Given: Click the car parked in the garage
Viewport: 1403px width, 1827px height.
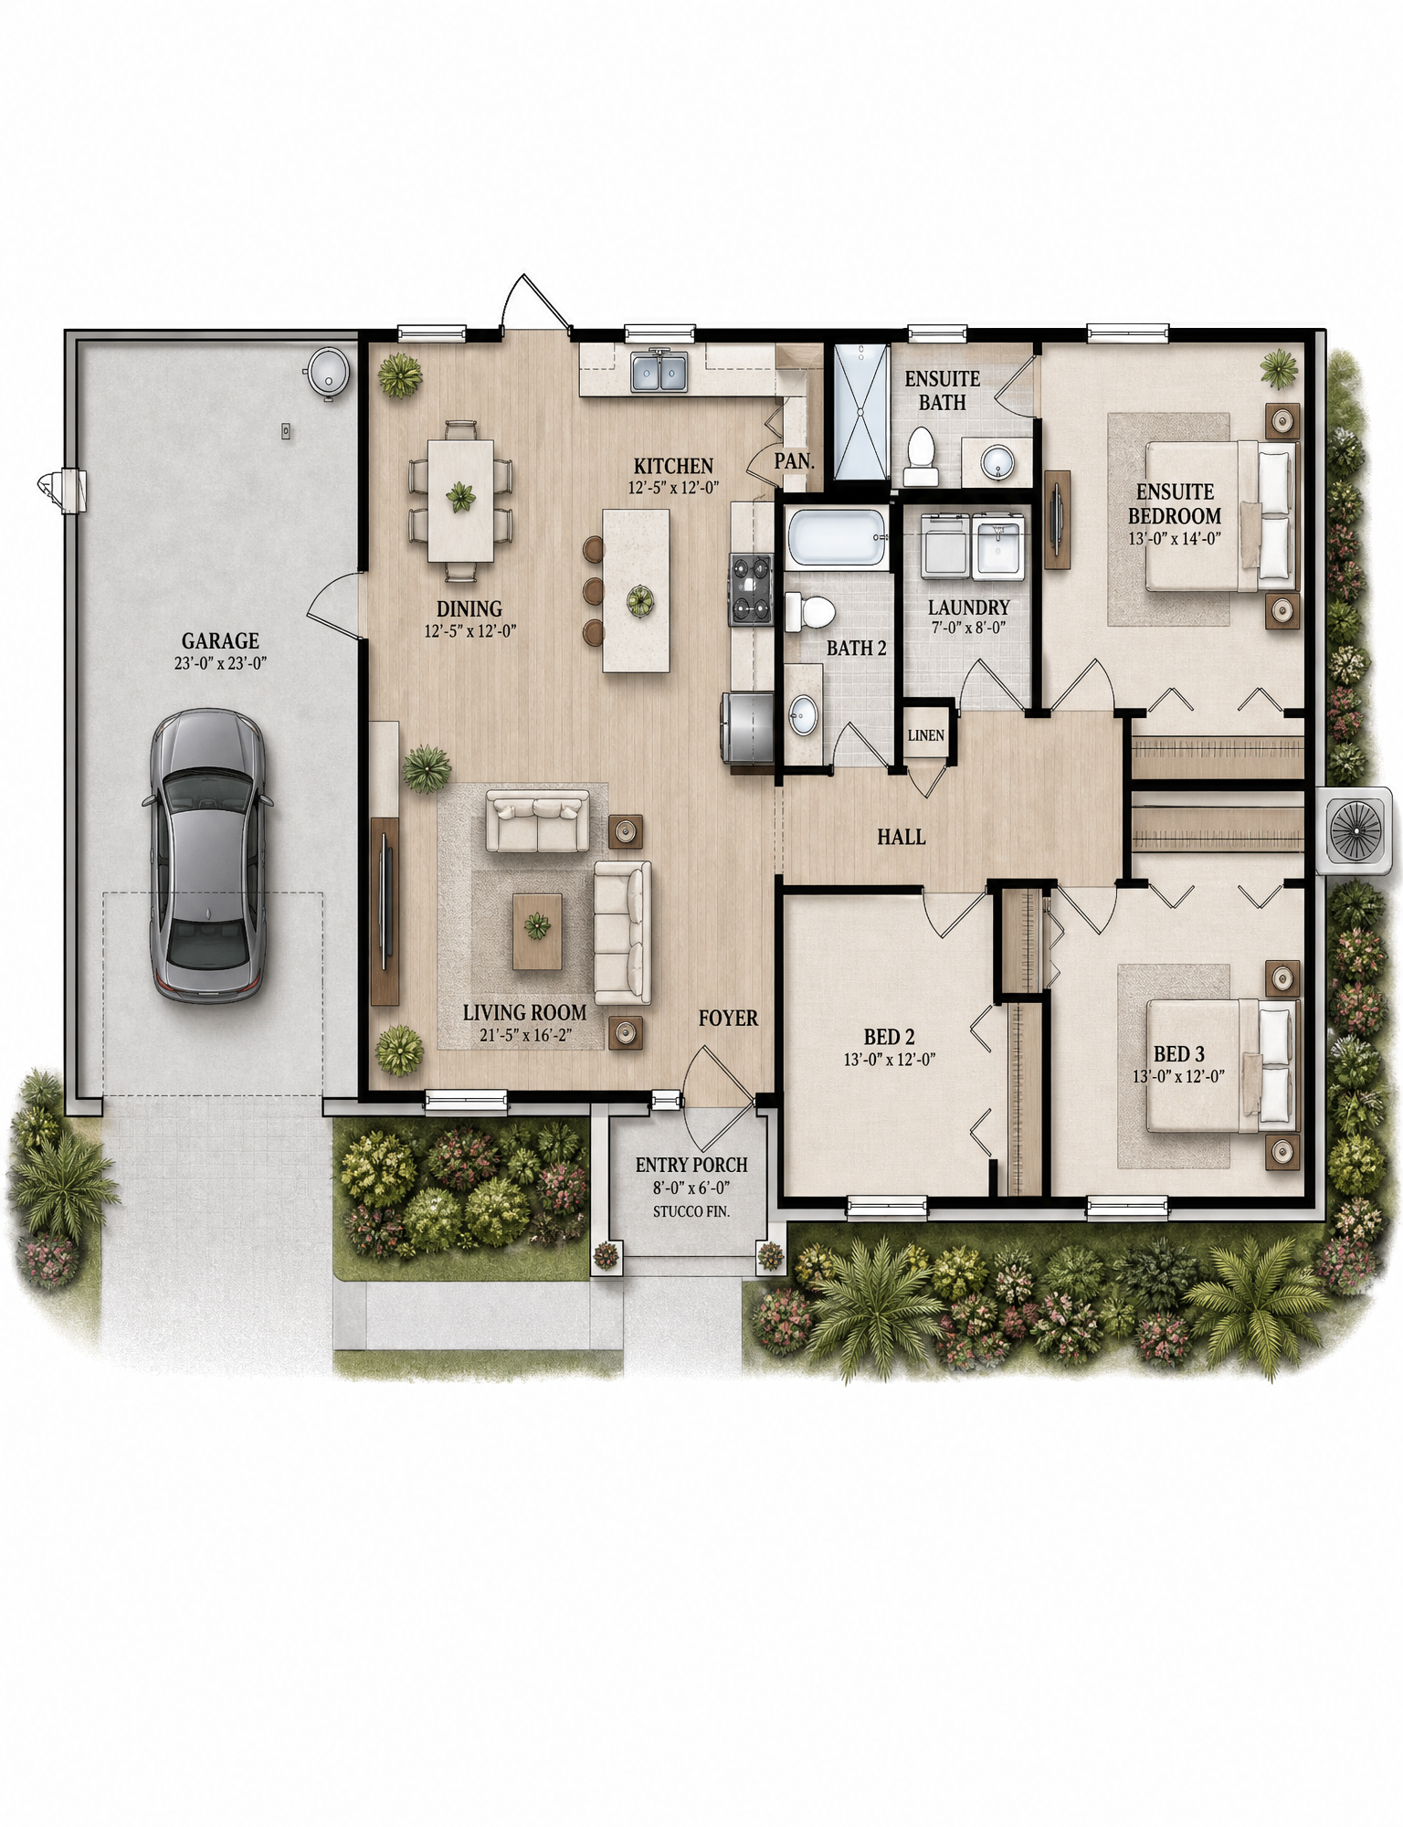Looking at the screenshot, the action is click(x=207, y=856).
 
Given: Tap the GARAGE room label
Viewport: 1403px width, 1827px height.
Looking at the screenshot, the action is click(x=220, y=640).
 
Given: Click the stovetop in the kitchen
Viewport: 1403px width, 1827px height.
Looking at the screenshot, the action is click(x=751, y=589).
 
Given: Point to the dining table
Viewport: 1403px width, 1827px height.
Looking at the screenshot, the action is click(x=460, y=500).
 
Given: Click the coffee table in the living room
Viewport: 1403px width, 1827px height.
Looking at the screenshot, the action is click(x=537, y=931).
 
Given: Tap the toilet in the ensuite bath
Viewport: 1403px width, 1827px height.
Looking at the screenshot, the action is click(x=921, y=457).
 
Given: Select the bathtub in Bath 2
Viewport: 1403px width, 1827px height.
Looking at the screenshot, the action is click(x=838, y=538).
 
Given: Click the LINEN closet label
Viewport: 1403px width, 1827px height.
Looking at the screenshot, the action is click(x=926, y=735).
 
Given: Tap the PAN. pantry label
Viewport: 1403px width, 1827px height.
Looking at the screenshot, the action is click(x=795, y=461).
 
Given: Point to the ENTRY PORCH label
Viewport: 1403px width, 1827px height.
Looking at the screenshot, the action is click(x=691, y=1165).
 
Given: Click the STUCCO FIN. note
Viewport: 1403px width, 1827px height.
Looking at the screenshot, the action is click(x=691, y=1211).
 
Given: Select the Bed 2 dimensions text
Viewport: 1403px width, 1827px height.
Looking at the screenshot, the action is click(x=890, y=1060).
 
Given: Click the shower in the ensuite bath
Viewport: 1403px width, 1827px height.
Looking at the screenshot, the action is click(x=860, y=411).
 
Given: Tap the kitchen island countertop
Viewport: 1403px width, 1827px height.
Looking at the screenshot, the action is click(x=636, y=590).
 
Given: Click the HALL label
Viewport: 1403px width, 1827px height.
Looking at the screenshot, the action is click(x=902, y=837).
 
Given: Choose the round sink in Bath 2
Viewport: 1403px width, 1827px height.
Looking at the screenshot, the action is click(x=803, y=714).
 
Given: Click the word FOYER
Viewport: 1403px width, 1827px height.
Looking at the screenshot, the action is click(x=728, y=1018).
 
